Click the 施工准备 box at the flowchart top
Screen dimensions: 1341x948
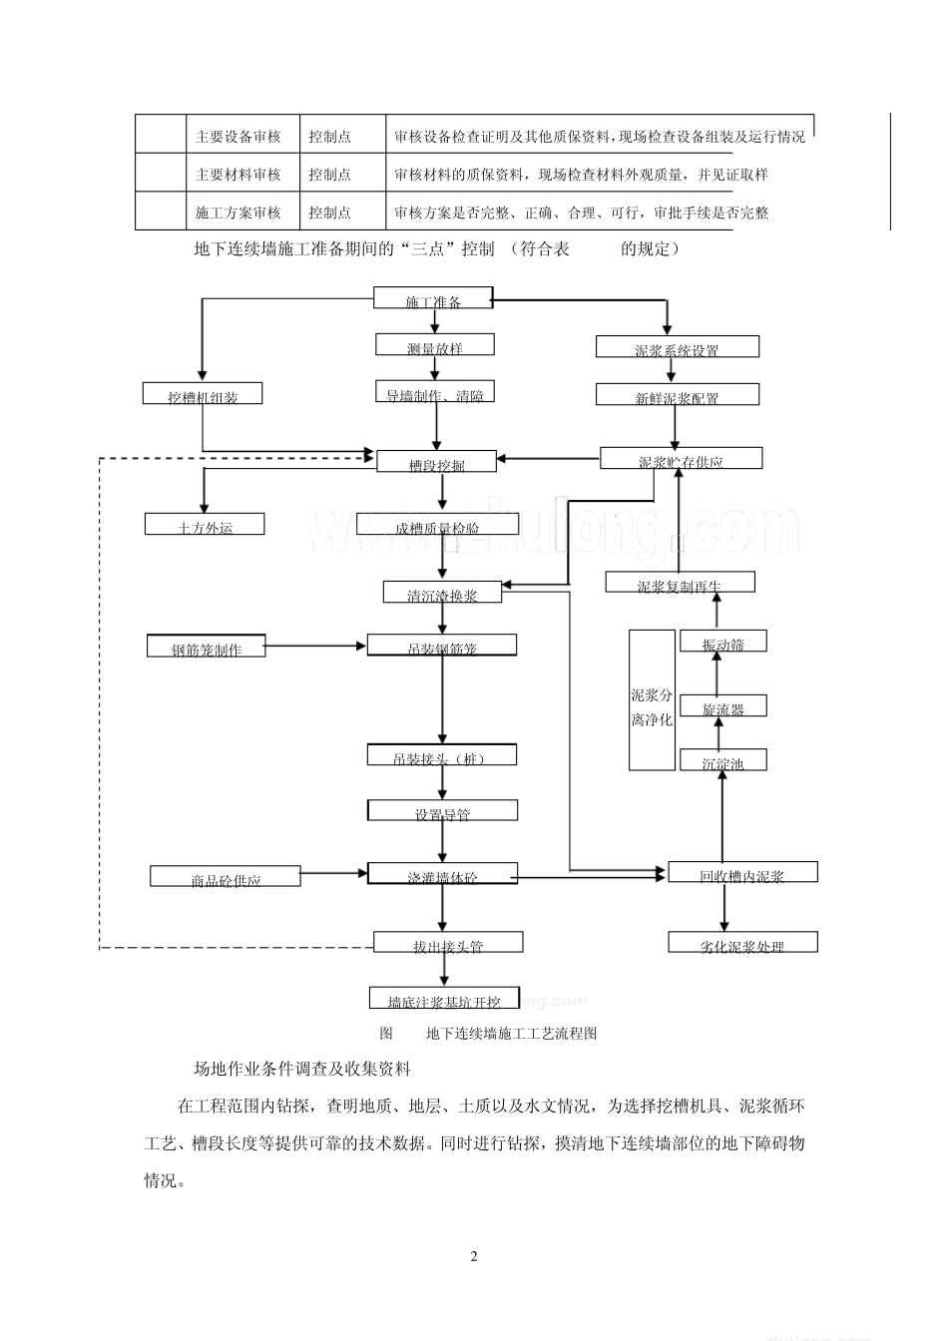(433, 298)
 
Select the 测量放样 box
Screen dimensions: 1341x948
(435, 345)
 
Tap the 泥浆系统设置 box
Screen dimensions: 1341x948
(677, 347)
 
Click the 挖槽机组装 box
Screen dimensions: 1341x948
(203, 394)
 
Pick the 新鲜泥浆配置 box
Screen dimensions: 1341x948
(677, 395)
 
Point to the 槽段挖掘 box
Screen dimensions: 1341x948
(436, 461)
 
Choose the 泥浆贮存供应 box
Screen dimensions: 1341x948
(681, 459)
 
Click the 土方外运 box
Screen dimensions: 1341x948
(205, 525)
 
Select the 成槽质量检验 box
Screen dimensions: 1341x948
(436, 525)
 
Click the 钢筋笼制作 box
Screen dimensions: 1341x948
(207, 647)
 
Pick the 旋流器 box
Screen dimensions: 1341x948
(722, 706)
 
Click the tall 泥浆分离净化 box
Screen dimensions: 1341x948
(652, 700)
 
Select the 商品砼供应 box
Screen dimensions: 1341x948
(226, 877)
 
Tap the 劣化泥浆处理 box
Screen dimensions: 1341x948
(741, 943)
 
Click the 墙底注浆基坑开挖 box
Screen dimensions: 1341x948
(443, 999)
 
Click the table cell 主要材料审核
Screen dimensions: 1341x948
(238, 175)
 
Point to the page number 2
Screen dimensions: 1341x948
(474, 1256)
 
